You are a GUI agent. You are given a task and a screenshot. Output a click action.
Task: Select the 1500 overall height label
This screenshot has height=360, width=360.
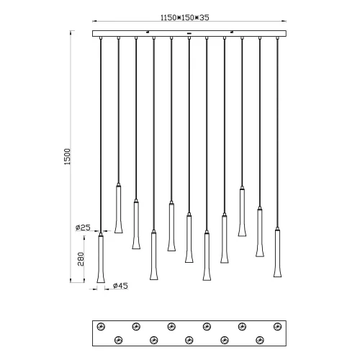68,158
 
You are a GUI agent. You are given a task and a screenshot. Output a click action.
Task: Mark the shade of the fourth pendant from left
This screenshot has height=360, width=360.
153,256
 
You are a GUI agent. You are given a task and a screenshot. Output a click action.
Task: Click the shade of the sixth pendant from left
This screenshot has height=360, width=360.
189,238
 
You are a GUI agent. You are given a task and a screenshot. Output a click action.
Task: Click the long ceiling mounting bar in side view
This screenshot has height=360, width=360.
189,33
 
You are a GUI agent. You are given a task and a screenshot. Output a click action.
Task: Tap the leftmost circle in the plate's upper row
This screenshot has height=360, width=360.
101,325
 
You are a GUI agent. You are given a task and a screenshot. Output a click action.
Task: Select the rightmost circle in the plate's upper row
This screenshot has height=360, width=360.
276,325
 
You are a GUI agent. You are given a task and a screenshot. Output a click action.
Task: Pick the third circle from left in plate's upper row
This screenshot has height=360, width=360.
171,325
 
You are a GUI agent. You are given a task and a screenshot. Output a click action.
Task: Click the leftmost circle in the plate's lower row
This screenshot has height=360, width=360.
117,338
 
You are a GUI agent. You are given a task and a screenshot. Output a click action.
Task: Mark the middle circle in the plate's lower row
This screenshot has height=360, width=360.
189,338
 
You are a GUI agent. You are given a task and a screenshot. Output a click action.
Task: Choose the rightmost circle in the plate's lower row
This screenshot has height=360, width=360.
259,338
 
